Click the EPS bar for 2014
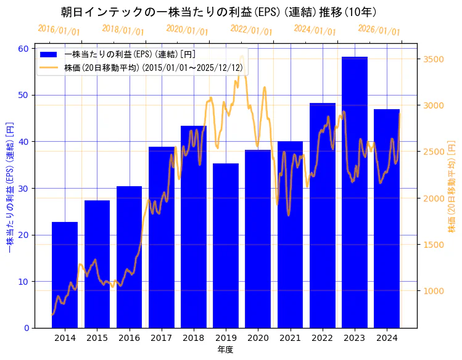pos(65,274)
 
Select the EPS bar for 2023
pos(355,192)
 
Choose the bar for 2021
pos(290,234)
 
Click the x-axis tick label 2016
pos(129,338)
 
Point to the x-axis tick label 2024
pos(387,338)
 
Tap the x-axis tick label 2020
pos(258,338)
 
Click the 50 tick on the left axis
pos(23,95)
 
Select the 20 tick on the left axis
pos(23,235)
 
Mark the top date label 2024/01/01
pos(315,30)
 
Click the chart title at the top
pos(219,12)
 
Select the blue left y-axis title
pos(9,188)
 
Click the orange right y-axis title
pos(452,188)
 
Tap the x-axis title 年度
pos(225,350)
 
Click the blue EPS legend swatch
pos(49,54)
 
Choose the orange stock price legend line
pos(49,67)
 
